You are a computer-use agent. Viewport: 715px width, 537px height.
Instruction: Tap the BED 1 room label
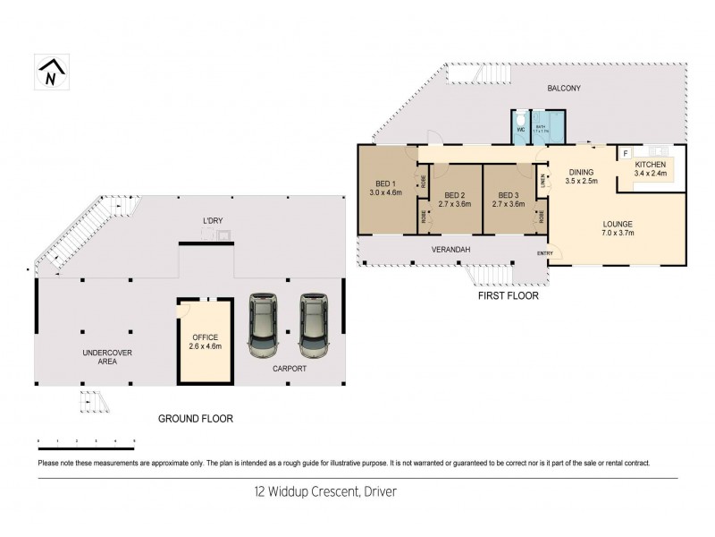(386, 186)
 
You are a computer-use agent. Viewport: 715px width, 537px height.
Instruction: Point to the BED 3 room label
(509, 200)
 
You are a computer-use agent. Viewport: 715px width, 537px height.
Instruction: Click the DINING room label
(581, 176)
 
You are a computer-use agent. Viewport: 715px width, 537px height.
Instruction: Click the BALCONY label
(564, 88)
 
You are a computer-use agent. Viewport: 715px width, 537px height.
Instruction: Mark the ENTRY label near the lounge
(544, 254)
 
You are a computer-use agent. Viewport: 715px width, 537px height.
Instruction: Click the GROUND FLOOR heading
(195, 418)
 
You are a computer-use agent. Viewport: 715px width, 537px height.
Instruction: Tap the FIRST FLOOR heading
(508, 295)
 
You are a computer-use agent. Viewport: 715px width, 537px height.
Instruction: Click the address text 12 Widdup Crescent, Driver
(324, 491)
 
